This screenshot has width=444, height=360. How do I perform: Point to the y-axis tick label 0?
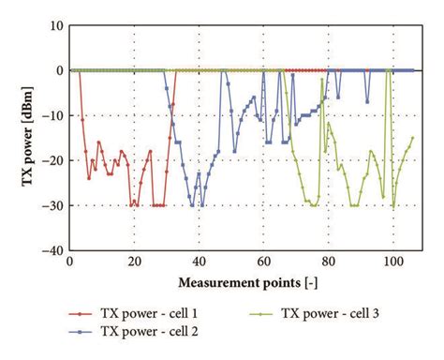tap(57, 70)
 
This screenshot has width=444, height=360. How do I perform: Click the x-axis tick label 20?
tap(134, 262)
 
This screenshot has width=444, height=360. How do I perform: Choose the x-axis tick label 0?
tap(70, 262)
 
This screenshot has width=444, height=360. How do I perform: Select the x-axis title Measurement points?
tap(241, 282)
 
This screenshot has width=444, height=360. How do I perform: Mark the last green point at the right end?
tap(412, 138)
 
